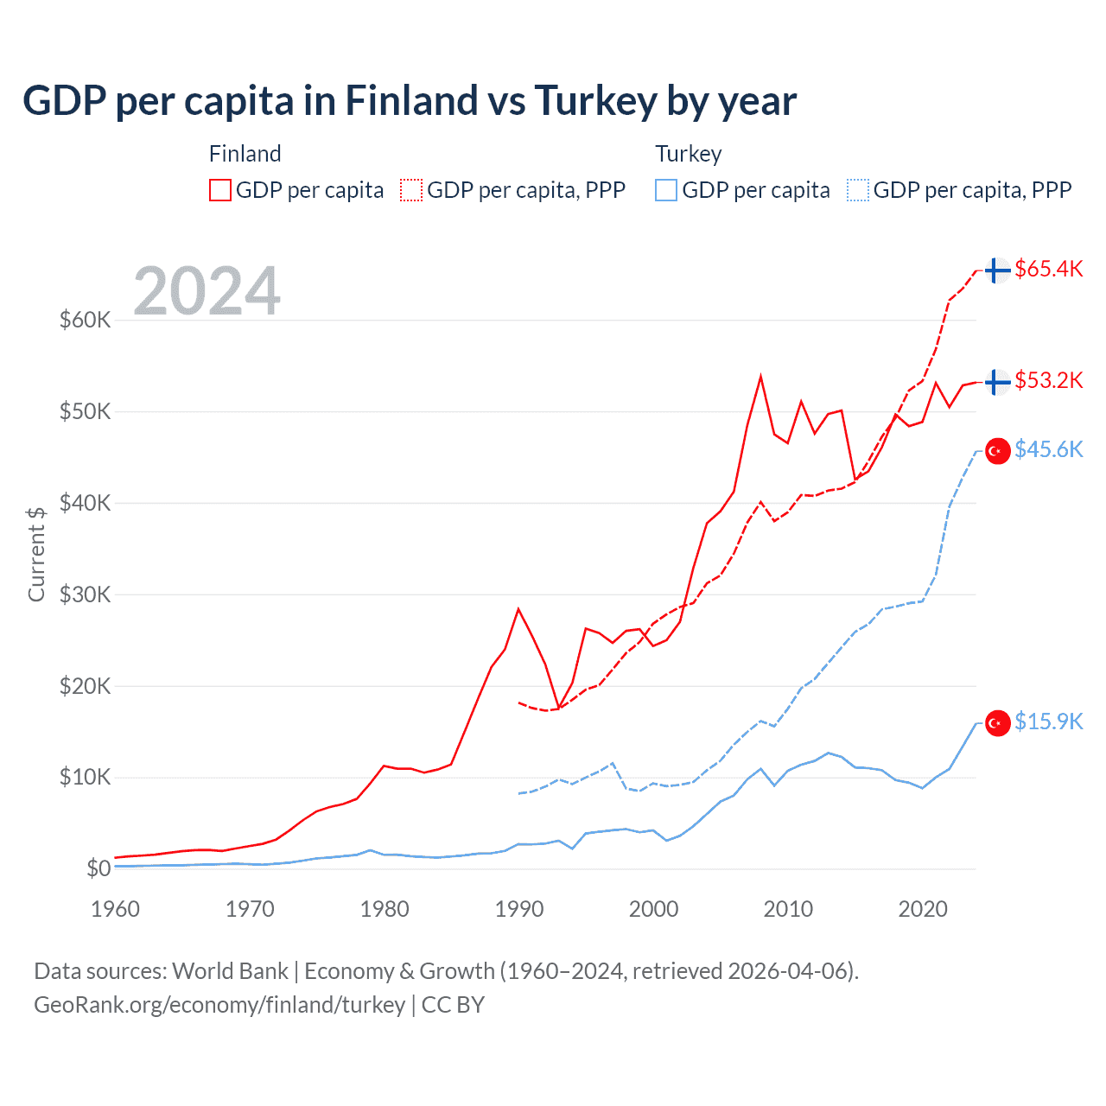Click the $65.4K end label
pos(1048,269)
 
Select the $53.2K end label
pos(1048,380)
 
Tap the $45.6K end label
pos(1048,449)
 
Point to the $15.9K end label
pos(1048,721)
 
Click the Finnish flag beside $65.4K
pos(998,270)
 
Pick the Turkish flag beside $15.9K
pos(998,723)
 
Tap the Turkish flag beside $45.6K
pos(998,451)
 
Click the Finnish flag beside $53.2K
pos(998,382)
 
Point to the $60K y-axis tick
pos(86,321)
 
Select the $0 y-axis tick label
pos(99,868)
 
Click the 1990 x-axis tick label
pos(519,909)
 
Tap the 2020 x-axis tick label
pos(923,909)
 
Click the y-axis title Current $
pos(36,554)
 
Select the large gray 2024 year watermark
pos(207,291)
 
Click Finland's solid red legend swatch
pos(220,190)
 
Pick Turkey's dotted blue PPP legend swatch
pos(858,190)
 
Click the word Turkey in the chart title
pos(595,101)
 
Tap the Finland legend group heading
pos(245,154)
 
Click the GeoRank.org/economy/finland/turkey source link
pos(219,1005)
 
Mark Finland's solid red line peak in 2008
pos(760,377)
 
